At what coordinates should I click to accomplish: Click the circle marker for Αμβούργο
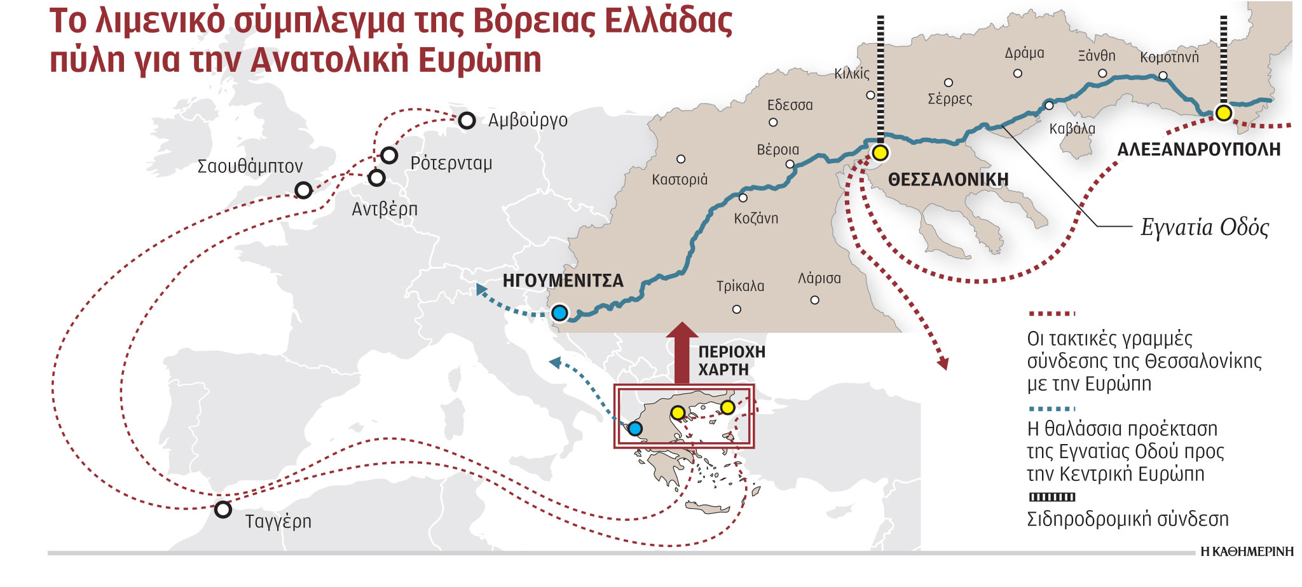pyautogui.click(x=467, y=120)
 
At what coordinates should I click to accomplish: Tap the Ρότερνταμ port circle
pyautogui.click(x=388, y=155)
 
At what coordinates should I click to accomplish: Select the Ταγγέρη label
pyautogui.click(x=278, y=522)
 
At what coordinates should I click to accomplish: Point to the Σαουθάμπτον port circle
pyautogui.click(x=303, y=190)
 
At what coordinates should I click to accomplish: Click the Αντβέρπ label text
pyautogui.click(x=385, y=209)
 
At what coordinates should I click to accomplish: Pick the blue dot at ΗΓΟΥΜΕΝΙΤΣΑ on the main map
pyautogui.click(x=559, y=313)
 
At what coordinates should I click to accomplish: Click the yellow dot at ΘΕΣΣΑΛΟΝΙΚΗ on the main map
pyautogui.click(x=880, y=152)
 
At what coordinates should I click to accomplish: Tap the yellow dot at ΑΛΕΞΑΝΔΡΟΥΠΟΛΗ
pyautogui.click(x=1223, y=113)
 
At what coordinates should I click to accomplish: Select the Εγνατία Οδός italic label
pyautogui.click(x=1204, y=227)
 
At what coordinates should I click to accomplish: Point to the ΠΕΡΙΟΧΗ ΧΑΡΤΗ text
pyautogui.click(x=731, y=360)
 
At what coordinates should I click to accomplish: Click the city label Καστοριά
pyautogui.click(x=679, y=180)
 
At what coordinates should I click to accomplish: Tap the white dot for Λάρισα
pyautogui.click(x=814, y=300)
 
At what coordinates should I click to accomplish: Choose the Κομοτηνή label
pyautogui.click(x=1168, y=57)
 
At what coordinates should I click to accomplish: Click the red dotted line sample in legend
pyautogui.click(x=1051, y=313)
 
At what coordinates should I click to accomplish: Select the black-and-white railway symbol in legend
pyautogui.click(x=1052, y=497)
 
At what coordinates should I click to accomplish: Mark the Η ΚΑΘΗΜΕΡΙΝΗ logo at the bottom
pyautogui.click(x=1247, y=552)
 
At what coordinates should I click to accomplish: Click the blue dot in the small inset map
pyautogui.click(x=634, y=428)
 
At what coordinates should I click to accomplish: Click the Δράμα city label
pyautogui.click(x=1024, y=53)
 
